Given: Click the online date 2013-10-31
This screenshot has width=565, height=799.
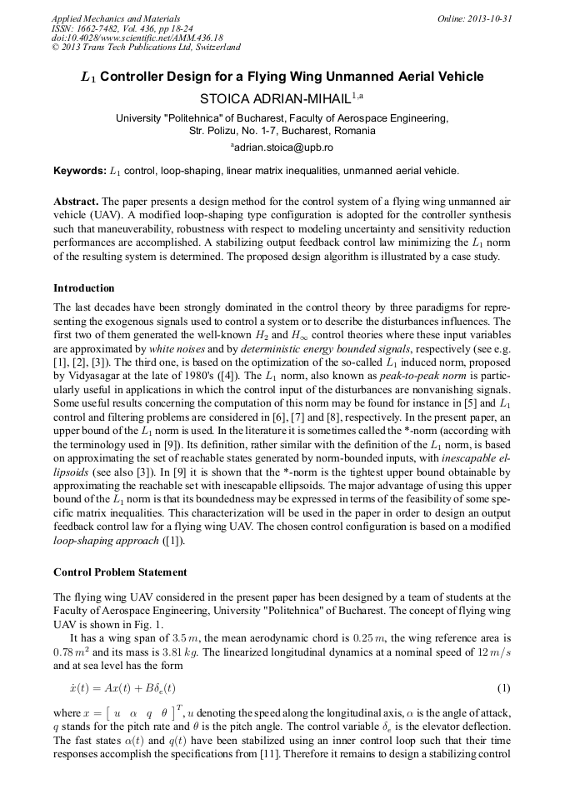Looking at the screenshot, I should click(491, 18).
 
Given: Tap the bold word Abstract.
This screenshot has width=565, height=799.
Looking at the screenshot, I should click(75, 202).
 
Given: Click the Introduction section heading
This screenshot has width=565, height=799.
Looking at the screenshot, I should click(84, 288).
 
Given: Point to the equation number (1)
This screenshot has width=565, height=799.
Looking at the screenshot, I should click(503, 688).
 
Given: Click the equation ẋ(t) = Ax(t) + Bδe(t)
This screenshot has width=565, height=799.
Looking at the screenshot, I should click(122, 688).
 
